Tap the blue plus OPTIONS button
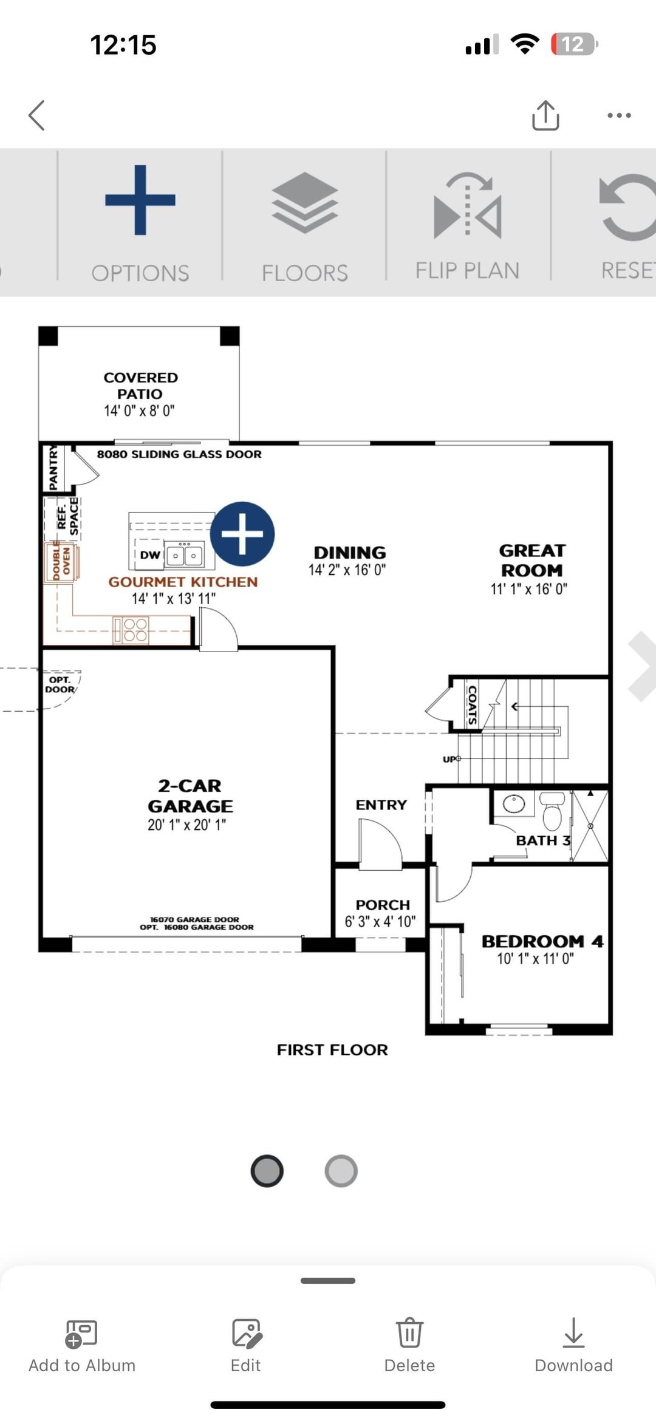140,200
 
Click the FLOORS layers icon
305,203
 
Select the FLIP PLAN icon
468,205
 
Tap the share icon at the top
545,115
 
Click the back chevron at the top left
36,115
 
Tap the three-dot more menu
619,115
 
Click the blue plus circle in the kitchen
242,534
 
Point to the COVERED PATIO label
141,386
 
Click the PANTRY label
53,467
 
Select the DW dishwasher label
150,554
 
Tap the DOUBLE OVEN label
61,562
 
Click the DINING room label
350,553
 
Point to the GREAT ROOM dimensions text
529,588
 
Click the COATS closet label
472,704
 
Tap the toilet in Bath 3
552,811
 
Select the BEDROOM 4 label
542,941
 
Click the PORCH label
383,905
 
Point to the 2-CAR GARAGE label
190,796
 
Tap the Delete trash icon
409,1332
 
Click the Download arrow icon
573,1332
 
